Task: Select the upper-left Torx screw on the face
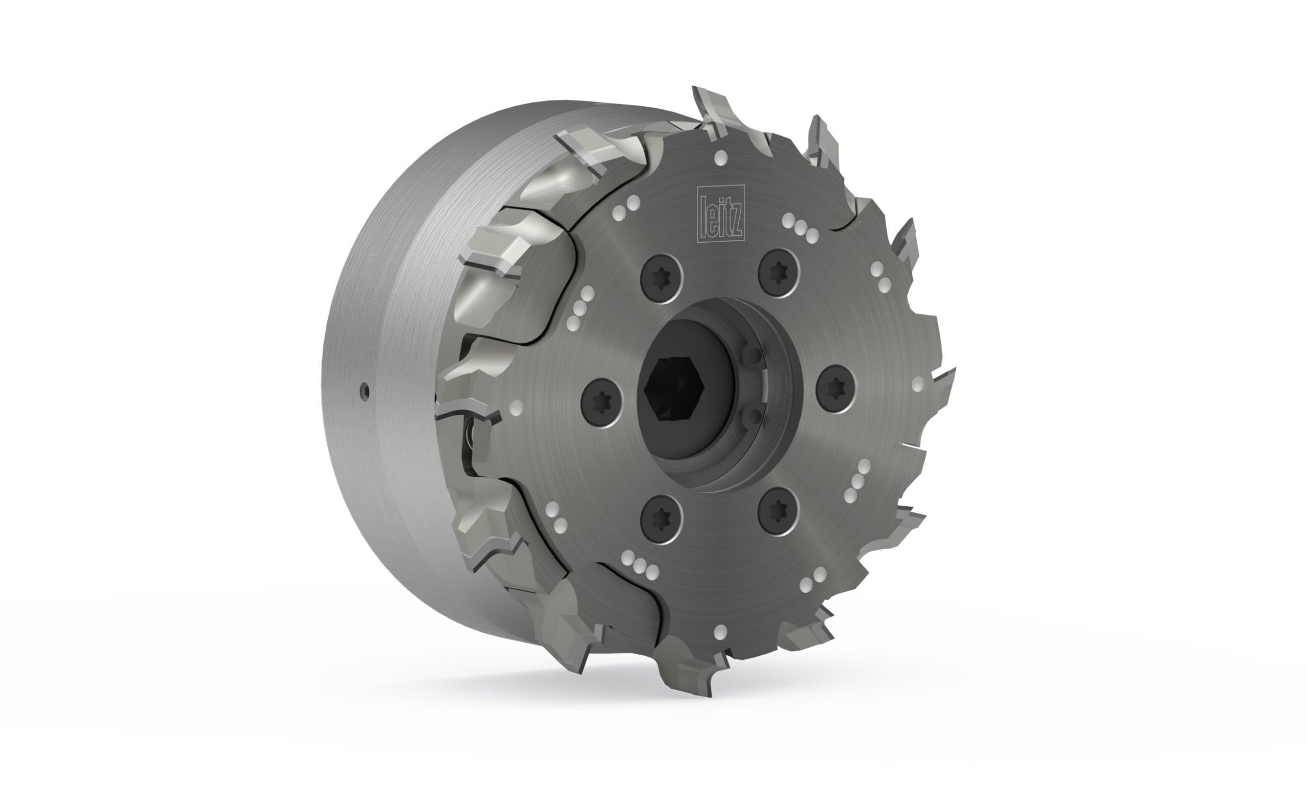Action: click(x=661, y=280)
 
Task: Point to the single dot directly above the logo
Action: click(x=720, y=158)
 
